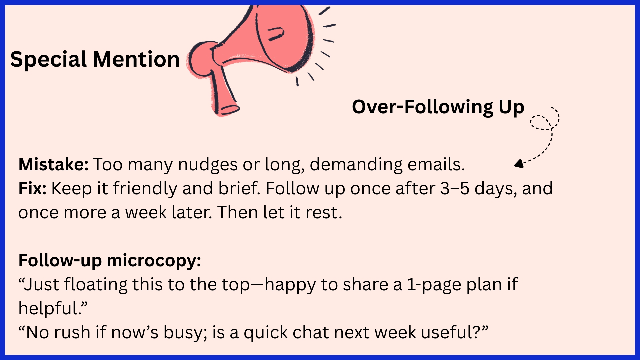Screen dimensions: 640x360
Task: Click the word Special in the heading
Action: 49,60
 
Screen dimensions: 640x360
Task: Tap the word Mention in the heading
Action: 136,59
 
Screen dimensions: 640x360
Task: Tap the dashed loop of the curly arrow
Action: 542,122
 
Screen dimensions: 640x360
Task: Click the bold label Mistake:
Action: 53,164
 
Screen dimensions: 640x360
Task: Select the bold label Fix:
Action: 32,188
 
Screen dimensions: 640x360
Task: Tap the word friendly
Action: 145,189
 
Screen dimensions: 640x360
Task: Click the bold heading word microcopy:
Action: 154,261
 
